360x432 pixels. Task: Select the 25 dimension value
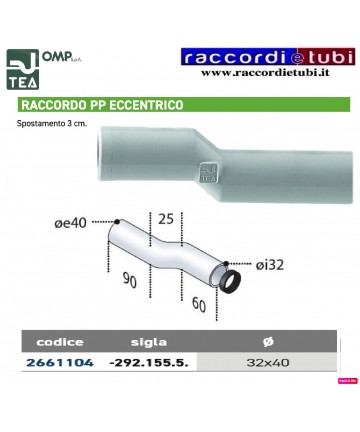click(165, 218)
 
